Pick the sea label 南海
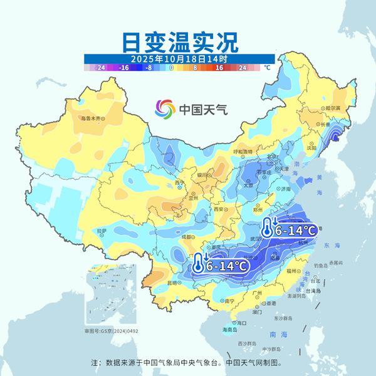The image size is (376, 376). (x=273, y=335)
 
